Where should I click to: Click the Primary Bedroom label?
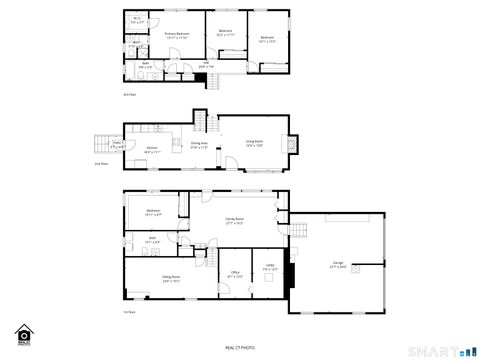click(x=175, y=34)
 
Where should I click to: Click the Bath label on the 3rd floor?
click(x=145, y=65)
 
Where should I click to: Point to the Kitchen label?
click(x=151, y=150)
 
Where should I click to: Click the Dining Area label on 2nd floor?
click(x=199, y=144)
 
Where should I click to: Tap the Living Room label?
click(x=254, y=144)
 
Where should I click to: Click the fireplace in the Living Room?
click(x=291, y=142)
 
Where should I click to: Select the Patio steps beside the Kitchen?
click(x=103, y=143)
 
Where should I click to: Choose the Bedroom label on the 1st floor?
click(x=153, y=212)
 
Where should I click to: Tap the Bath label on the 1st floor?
click(x=151, y=241)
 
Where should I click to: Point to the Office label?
click(x=234, y=273)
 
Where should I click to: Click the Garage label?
click(x=339, y=265)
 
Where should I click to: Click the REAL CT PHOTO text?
click(x=239, y=346)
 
